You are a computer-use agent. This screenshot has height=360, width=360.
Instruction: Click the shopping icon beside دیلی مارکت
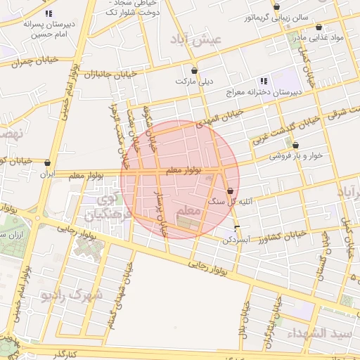tap(195, 71)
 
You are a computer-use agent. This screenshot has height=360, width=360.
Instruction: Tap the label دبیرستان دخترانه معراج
tap(264, 92)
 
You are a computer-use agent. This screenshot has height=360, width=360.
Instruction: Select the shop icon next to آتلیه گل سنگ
tap(230, 191)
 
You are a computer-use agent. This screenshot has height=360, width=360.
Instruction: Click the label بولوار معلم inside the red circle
tap(184, 170)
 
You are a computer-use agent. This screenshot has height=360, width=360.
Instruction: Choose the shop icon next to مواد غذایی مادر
tap(319, 27)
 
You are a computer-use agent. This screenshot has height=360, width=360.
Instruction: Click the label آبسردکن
tap(236, 239)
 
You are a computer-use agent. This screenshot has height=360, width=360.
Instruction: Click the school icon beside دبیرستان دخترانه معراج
tap(264, 80)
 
